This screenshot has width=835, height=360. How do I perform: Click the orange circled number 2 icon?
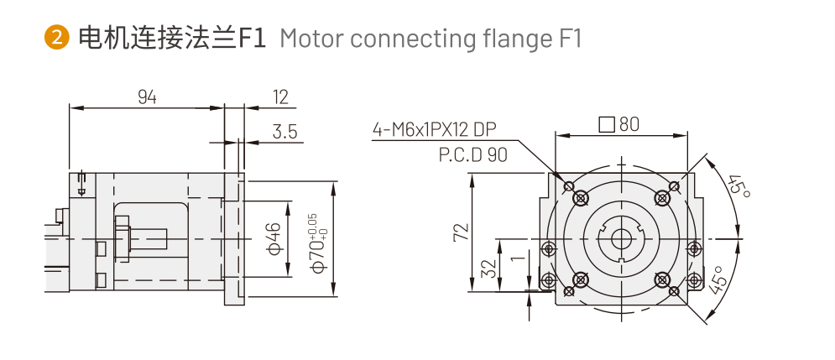tap(55, 39)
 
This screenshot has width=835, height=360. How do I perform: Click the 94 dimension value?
tap(147, 97)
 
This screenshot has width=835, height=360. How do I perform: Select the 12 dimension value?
tap(280, 97)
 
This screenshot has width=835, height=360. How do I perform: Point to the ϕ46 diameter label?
tap(274, 238)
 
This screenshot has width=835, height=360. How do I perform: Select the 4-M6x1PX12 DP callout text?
tap(435, 129)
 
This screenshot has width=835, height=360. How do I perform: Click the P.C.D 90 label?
tap(472, 155)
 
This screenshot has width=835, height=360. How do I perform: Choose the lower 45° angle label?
tap(717, 279)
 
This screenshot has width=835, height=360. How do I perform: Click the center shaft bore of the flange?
tap(621, 237)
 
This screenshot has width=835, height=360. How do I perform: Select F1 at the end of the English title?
tap(568, 39)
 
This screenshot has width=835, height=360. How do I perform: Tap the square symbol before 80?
tap(606, 125)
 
